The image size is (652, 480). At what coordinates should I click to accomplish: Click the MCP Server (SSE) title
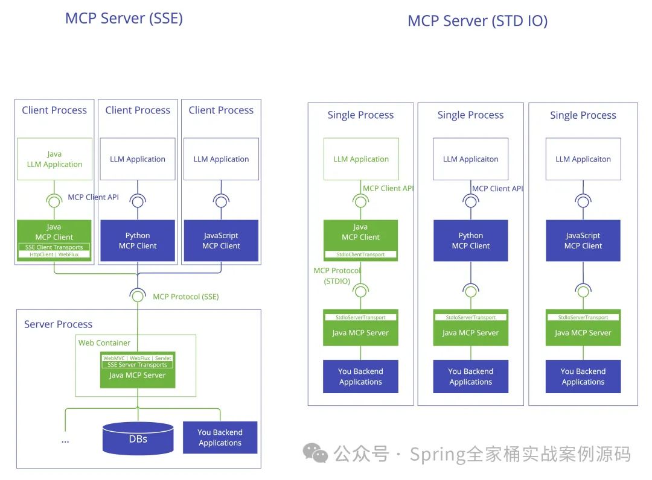click(124, 17)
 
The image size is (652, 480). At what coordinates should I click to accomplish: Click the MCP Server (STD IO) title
click(477, 21)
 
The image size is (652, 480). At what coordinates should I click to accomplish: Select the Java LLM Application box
click(54, 159)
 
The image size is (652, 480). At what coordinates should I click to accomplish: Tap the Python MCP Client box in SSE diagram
click(138, 241)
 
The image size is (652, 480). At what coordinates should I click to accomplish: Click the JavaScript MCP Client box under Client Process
click(221, 241)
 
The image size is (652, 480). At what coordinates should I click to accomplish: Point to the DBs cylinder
click(138, 438)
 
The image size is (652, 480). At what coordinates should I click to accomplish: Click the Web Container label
click(104, 343)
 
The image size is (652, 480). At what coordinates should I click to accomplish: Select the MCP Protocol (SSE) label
click(185, 297)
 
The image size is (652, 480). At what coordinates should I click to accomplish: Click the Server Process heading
click(58, 324)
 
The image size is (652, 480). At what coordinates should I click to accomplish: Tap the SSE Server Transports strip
click(138, 365)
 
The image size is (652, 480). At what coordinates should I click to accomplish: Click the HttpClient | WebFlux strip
click(54, 254)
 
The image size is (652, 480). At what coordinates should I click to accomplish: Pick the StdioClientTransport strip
click(360, 254)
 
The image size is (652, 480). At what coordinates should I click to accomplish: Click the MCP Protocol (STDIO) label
click(336, 276)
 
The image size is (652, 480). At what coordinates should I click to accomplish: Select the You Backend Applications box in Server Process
click(220, 438)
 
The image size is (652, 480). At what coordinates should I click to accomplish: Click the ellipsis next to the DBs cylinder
click(65, 441)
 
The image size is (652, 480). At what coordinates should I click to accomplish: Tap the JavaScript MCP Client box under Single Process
click(583, 241)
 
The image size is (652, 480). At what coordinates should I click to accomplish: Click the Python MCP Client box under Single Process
click(471, 241)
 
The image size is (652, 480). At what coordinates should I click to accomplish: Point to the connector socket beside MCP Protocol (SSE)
click(138, 296)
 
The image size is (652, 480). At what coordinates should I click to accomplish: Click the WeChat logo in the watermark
click(315, 453)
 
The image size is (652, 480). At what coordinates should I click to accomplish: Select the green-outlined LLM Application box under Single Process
click(361, 159)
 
